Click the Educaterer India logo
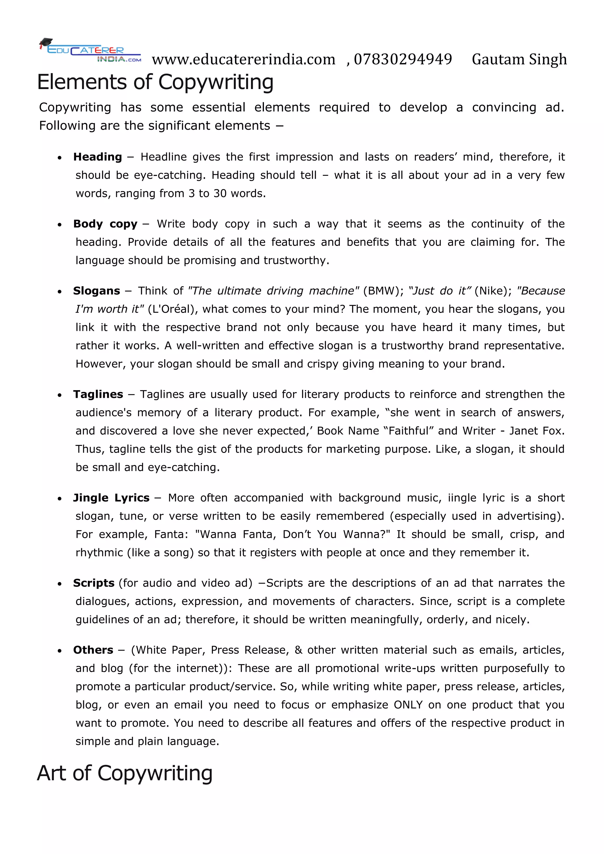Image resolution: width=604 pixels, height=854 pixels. pyautogui.click(x=90, y=51)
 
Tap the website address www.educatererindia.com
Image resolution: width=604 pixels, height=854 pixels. pyautogui.click(x=244, y=60)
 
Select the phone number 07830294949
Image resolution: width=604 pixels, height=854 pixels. pyautogui.click(x=403, y=60)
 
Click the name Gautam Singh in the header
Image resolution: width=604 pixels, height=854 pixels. pyautogui.click(x=519, y=60)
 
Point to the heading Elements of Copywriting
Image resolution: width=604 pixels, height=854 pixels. pyautogui.click(x=155, y=82)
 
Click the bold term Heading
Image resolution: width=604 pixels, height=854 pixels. pyautogui.click(x=97, y=157)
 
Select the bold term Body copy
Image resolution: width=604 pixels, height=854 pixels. pyautogui.click(x=105, y=224)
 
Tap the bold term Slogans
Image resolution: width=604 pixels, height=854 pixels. pyautogui.click(x=97, y=291)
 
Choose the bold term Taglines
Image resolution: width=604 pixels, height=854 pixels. pyautogui.click(x=98, y=394)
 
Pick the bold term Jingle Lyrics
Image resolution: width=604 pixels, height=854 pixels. pyautogui.click(x=111, y=498)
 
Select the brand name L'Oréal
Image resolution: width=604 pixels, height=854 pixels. pyautogui.click(x=171, y=309)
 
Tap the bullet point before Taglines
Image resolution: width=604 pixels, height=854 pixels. pyautogui.click(x=60, y=395)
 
